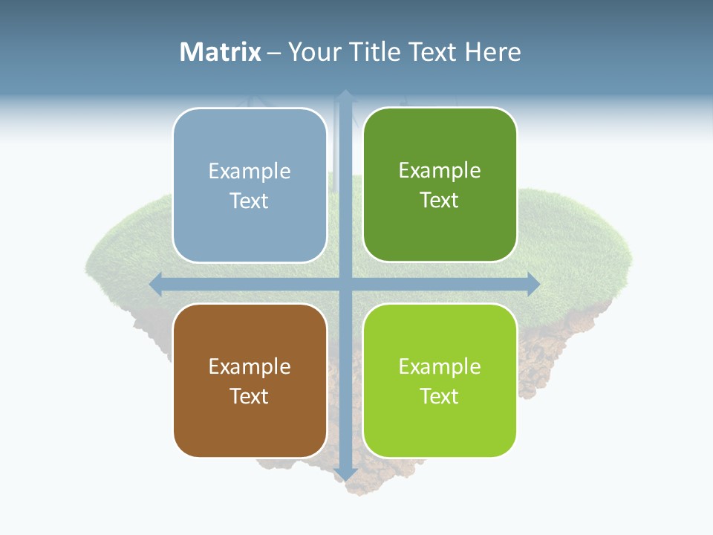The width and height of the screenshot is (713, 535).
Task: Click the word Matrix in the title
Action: pyautogui.click(x=221, y=52)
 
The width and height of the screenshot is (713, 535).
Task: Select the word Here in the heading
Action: pyautogui.click(x=492, y=52)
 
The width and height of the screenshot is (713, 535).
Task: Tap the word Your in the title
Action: pyautogui.click(x=315, y=52)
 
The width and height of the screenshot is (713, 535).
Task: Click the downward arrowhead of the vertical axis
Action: pyautogui.click(x=345, y=473)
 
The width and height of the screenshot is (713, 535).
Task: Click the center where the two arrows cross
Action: pyautogui.click(x=345, y=284)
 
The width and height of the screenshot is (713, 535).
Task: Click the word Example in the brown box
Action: pyautogui.click(x=250, y=366)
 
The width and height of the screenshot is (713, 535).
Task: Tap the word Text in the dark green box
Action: pyautogui.click(x=440, y=201)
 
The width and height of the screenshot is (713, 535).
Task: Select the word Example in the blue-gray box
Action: pyautogui.click(x=250, y=171)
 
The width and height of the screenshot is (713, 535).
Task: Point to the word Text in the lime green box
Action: pyautogui.click(x=440, y=396)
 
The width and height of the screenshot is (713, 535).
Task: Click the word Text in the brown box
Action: pyautogui.click(x=250, y=396)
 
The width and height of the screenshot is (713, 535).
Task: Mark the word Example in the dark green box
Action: pyautogui.click(x=440, y=170)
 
